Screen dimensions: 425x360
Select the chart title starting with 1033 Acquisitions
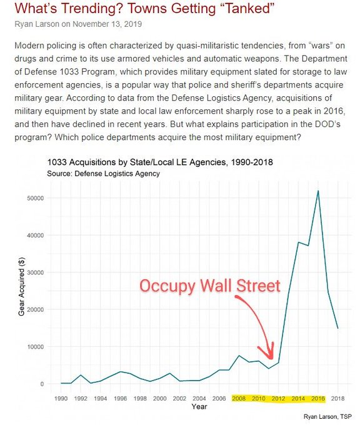159,162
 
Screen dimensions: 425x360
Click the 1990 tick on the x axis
61,398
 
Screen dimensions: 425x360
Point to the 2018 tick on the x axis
338,398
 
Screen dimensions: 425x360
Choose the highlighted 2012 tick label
279,398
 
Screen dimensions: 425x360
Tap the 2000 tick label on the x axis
160,398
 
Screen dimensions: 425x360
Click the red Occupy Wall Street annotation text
209,286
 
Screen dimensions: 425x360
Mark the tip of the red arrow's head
271,359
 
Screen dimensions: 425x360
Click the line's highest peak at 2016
318,191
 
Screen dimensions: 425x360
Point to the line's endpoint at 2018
338,328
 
